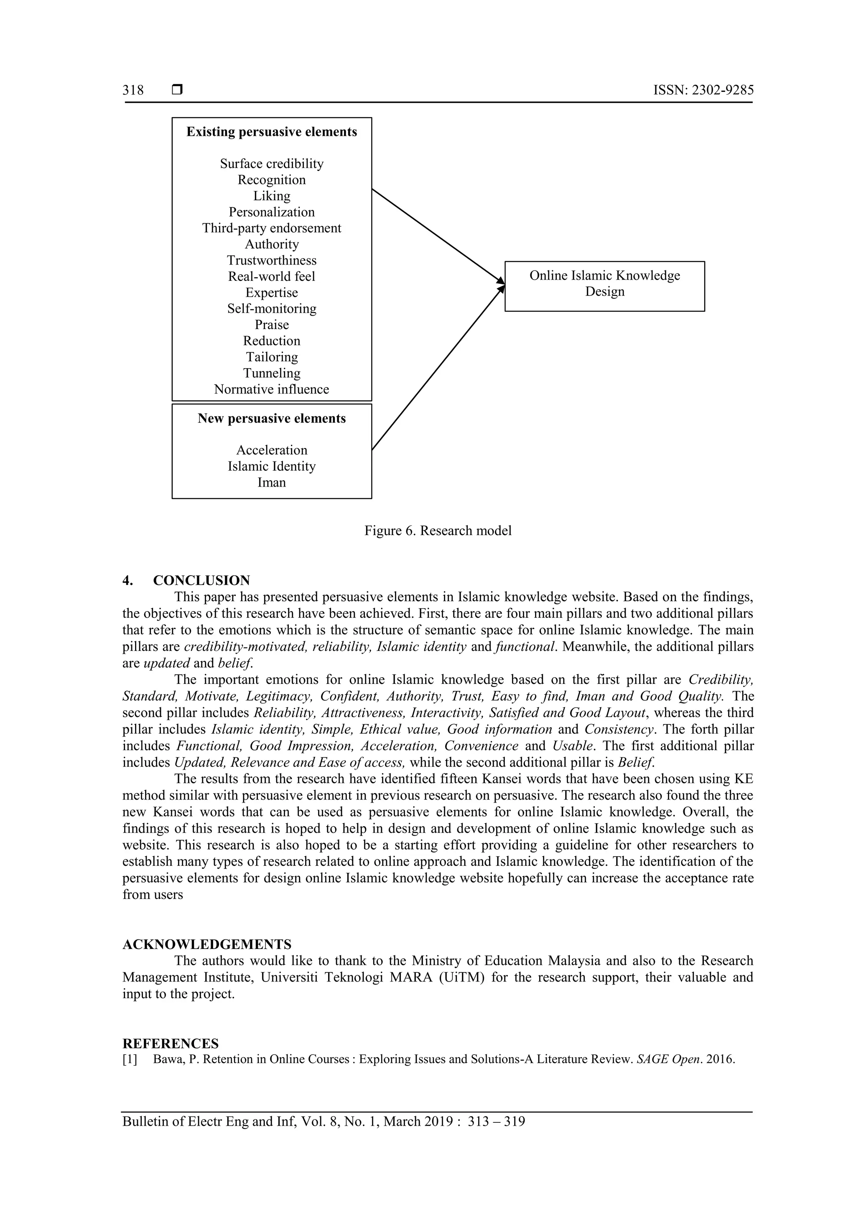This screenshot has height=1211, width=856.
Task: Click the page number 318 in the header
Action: point(133,90)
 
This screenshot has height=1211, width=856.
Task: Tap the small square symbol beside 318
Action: point(177,90)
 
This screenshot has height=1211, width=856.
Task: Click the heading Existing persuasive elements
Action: point(272,132)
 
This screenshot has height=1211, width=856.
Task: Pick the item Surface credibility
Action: point(272,164)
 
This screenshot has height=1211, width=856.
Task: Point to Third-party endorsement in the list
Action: point(272,228)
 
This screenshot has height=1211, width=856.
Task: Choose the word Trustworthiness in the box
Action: point(272,260)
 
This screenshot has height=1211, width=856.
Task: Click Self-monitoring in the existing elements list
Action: point(272,308)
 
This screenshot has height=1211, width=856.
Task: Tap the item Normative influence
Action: point(272,389)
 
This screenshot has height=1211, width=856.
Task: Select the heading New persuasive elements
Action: point(272,419)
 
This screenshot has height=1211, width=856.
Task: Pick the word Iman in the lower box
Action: point(272,483)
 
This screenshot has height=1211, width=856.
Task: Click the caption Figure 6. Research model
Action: point(438,530)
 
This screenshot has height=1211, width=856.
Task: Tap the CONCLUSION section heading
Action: point(201,581)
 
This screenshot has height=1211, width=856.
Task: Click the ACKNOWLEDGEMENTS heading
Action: point(207,944)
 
